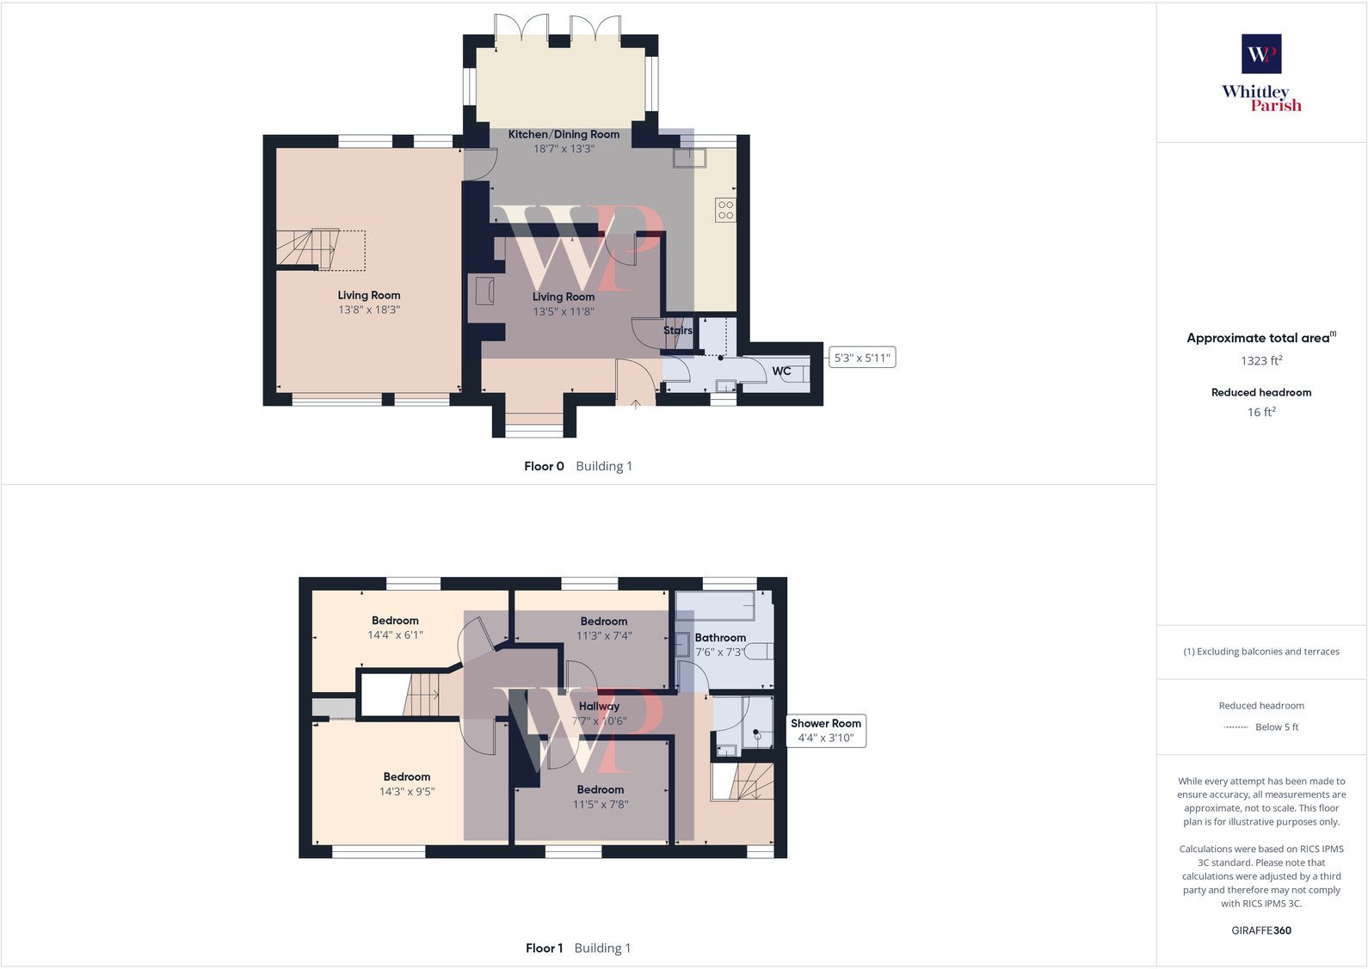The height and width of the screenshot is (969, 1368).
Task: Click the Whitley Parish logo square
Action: click(1261, 54)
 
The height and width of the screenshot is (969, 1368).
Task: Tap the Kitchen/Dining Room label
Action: click(564, 134)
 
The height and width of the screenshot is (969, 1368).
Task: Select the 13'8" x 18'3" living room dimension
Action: click(369, 310)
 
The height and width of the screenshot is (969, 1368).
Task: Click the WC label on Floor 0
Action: click(781, 371)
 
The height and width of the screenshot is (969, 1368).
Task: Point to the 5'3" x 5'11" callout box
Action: click(862, 358)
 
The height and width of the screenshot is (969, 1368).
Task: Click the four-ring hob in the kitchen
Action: click(725, 210)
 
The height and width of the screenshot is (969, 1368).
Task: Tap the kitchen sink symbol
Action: click(689, 157)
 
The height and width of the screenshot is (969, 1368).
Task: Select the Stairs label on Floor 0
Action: click(677, 330)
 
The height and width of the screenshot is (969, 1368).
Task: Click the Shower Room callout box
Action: click(826, 731)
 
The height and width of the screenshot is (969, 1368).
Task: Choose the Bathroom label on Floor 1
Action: click(720, 638)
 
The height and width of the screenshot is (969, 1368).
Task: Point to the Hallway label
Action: click(599, 706)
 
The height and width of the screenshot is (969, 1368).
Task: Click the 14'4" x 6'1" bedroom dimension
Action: click(395, 635)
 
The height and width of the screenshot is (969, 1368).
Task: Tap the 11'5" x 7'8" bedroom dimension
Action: click(601, 805)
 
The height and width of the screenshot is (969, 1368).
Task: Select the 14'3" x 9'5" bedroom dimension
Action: click(407, 792)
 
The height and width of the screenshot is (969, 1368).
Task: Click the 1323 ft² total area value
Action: click(1261, 361)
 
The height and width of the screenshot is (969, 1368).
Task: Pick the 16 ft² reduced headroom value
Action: click(1261, 413)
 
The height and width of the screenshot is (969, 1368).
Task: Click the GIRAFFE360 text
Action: click(1261, 930)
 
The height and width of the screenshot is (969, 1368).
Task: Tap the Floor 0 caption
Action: click(544, 466)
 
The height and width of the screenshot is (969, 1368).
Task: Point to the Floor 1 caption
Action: click(544, 948)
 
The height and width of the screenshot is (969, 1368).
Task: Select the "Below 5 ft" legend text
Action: click(1277, 727)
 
